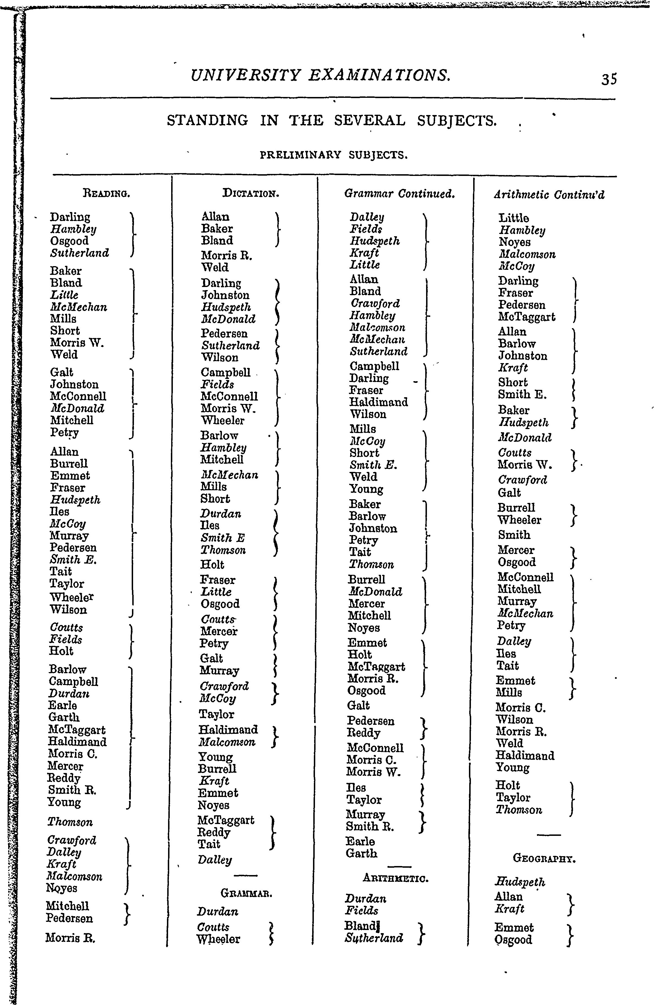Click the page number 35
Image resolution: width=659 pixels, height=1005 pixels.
pos(609,79)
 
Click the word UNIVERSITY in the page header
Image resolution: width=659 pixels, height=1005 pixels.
pos(245,75)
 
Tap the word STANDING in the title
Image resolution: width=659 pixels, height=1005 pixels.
pos(208,121)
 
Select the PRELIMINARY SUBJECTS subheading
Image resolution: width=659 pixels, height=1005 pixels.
pos(334,155)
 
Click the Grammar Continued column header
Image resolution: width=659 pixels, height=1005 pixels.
pos(399,194)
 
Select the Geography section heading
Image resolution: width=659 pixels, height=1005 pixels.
pos(545,858)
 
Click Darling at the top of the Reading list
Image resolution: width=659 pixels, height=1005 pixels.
pos(70,217)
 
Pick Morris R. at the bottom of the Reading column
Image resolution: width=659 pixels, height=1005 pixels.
pos(70,938)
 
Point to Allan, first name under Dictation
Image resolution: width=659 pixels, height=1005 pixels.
pos(215,217)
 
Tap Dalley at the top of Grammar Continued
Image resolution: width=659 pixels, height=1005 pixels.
pos(367,217)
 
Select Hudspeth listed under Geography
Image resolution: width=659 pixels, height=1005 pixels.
pos(520,882)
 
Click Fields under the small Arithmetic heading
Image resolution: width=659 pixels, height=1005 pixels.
pos(361,911)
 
